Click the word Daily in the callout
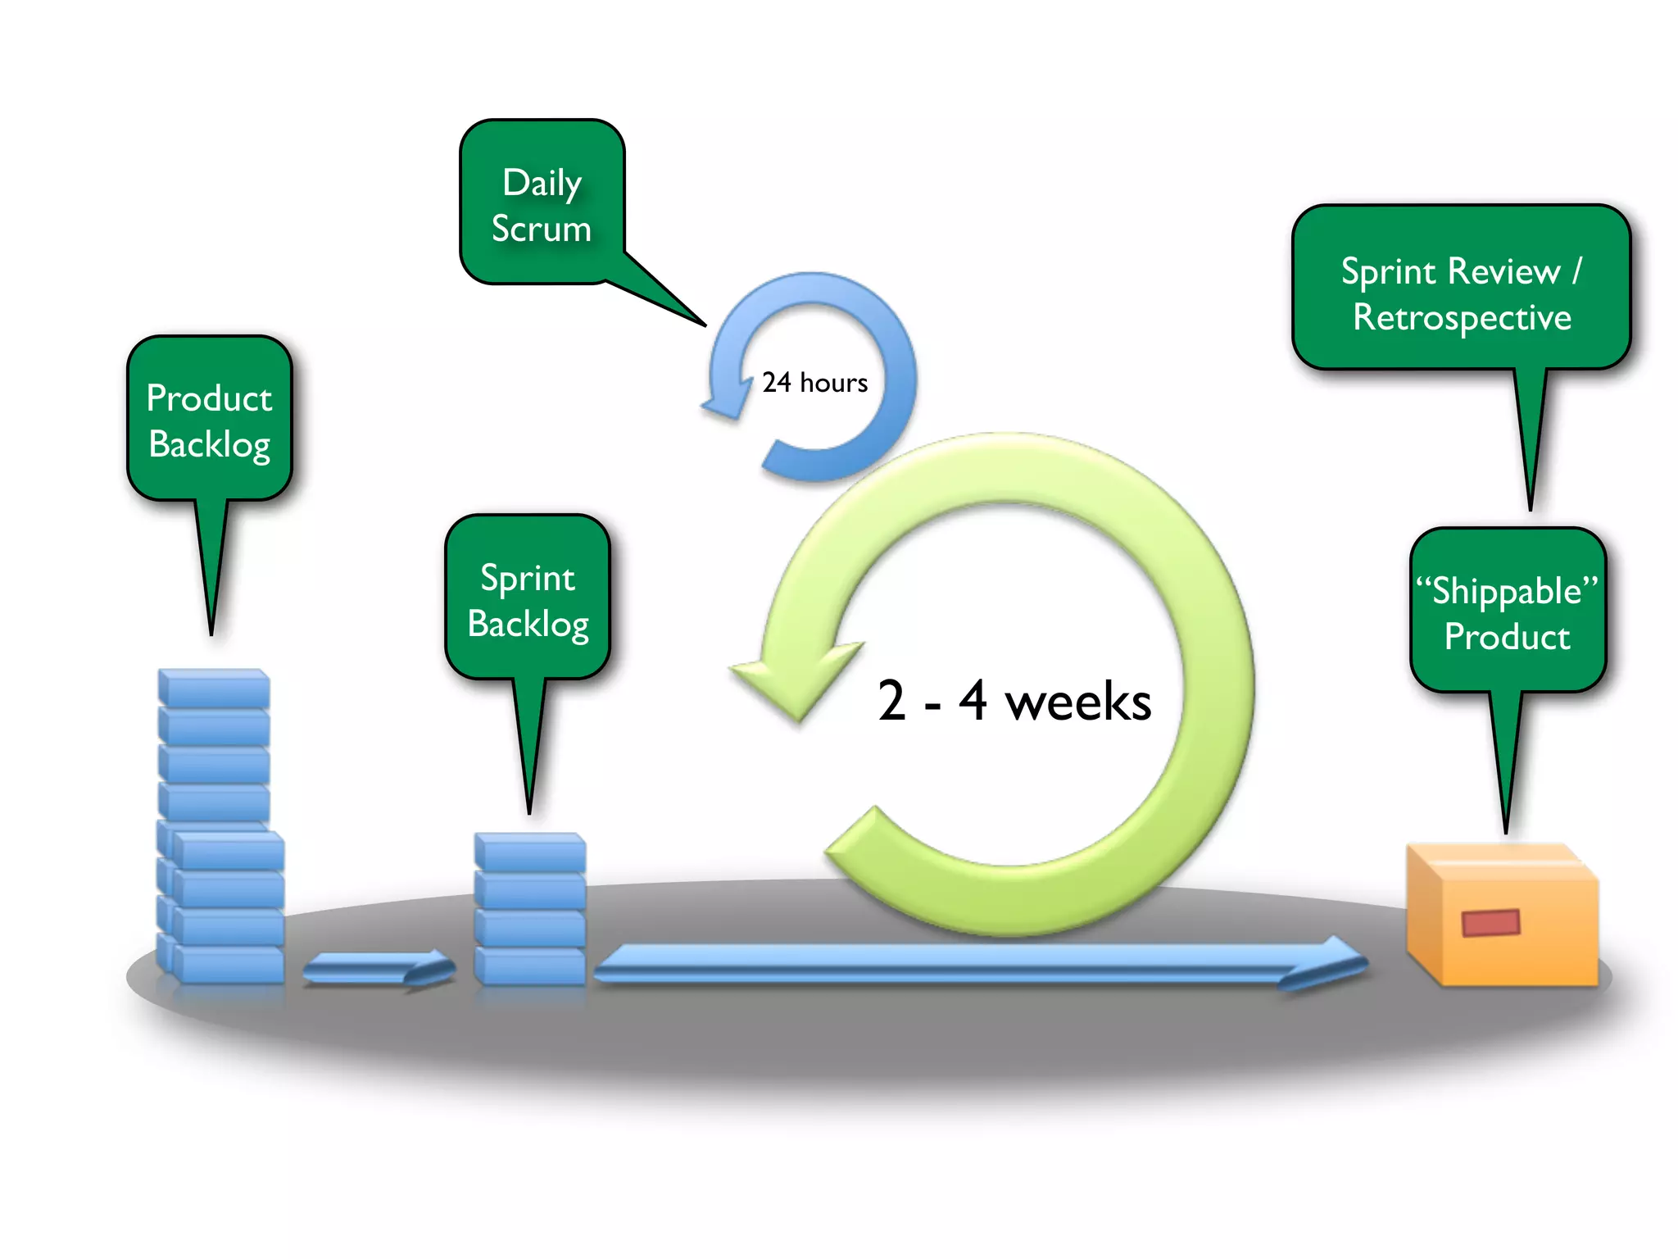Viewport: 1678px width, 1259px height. pos(542,183)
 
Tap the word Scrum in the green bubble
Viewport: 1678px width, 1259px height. pos(541,229)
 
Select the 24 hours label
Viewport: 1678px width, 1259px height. pos(814,383)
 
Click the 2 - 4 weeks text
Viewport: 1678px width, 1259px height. pos(1014,702)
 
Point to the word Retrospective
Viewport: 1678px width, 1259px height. pos(1462,318)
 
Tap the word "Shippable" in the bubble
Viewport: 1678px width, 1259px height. pos(1507,591)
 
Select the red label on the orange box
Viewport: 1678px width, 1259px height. pos(1491,923)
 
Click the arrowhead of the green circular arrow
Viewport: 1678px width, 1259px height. pos(791,676)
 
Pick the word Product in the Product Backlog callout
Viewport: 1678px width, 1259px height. pos(209,398)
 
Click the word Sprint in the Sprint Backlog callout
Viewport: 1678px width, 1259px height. pos(528,579)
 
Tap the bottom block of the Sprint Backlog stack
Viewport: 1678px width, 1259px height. pos(530,966)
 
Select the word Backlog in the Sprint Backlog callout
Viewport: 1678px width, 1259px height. pos(528,625)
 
